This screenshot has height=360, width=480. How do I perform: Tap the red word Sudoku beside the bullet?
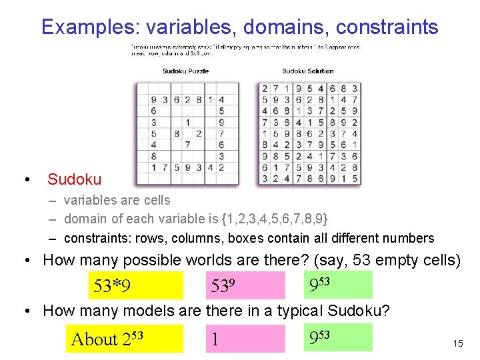[75, 179]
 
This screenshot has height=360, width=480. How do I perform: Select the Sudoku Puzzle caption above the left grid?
[185, 71]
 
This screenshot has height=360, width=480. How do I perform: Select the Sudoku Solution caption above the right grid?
[308, 71]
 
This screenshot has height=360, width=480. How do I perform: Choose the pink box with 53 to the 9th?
[245, 285]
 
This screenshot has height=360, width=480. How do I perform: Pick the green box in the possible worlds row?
[336, 285]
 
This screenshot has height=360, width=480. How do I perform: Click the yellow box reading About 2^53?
[125, 338]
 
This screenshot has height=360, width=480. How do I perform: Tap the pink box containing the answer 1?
[245, 338]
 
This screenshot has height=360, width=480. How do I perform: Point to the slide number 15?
[457, 343]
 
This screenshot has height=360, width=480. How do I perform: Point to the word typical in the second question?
[301, 311]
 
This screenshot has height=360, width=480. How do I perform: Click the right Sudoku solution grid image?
[309, 133]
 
